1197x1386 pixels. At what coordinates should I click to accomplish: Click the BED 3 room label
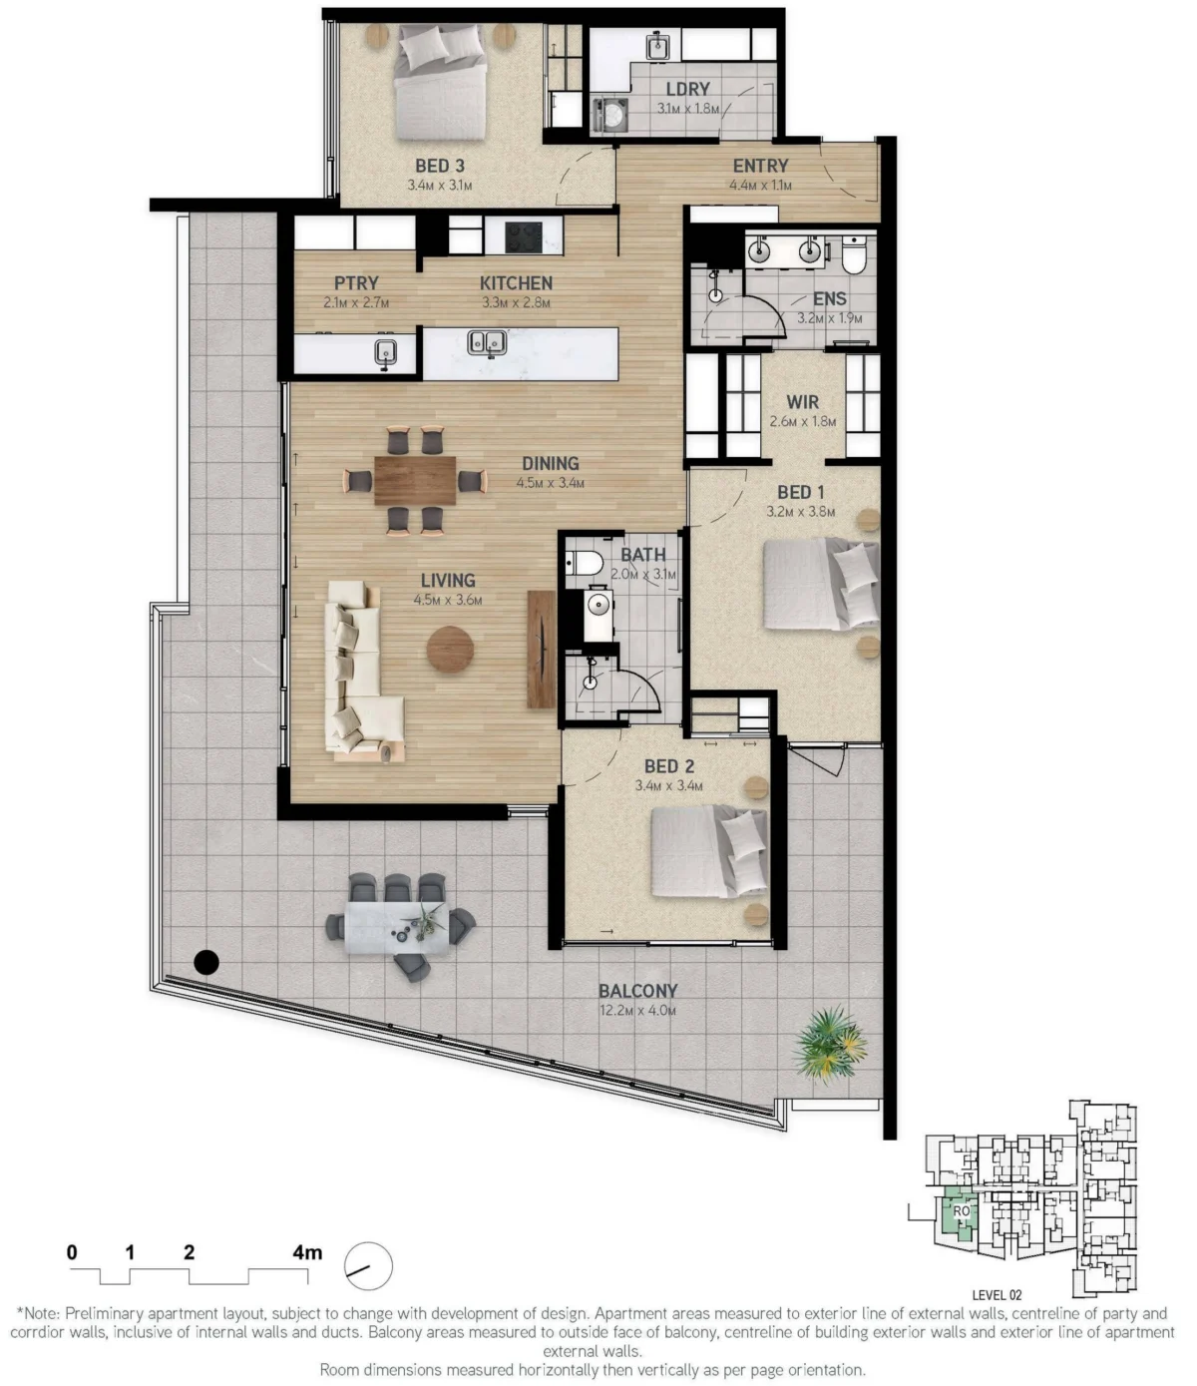click(439, 166)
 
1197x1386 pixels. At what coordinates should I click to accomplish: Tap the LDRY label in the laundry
click(687, 89)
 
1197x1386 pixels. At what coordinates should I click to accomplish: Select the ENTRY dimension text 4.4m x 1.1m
click(760, 185)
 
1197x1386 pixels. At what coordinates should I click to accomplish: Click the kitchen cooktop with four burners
click(524, 236)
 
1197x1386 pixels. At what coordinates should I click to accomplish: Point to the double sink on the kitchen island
click(487, 342)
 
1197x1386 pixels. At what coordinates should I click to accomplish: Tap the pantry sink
click(385, 353)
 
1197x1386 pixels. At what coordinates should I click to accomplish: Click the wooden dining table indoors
click(415, 481)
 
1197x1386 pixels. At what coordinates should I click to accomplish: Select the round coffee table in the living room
click(451, 650)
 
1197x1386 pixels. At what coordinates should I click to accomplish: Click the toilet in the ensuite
click(854, 254)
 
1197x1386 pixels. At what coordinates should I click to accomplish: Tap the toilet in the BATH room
click(585, 563)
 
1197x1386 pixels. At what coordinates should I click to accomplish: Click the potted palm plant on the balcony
click(830, 1045)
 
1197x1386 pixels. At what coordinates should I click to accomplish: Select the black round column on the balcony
click(206, 962)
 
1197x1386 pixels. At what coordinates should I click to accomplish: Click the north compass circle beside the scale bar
click(368, 1266)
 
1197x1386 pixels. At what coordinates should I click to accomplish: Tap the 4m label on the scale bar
click(307, 1251)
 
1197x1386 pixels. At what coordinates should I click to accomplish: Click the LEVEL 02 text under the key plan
click(997, 1295)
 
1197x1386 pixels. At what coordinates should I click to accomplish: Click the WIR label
click(802, 402)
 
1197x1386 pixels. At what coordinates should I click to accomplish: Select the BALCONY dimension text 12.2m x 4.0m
click(637, 1011)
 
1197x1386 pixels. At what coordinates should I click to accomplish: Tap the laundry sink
click(657, 46)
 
